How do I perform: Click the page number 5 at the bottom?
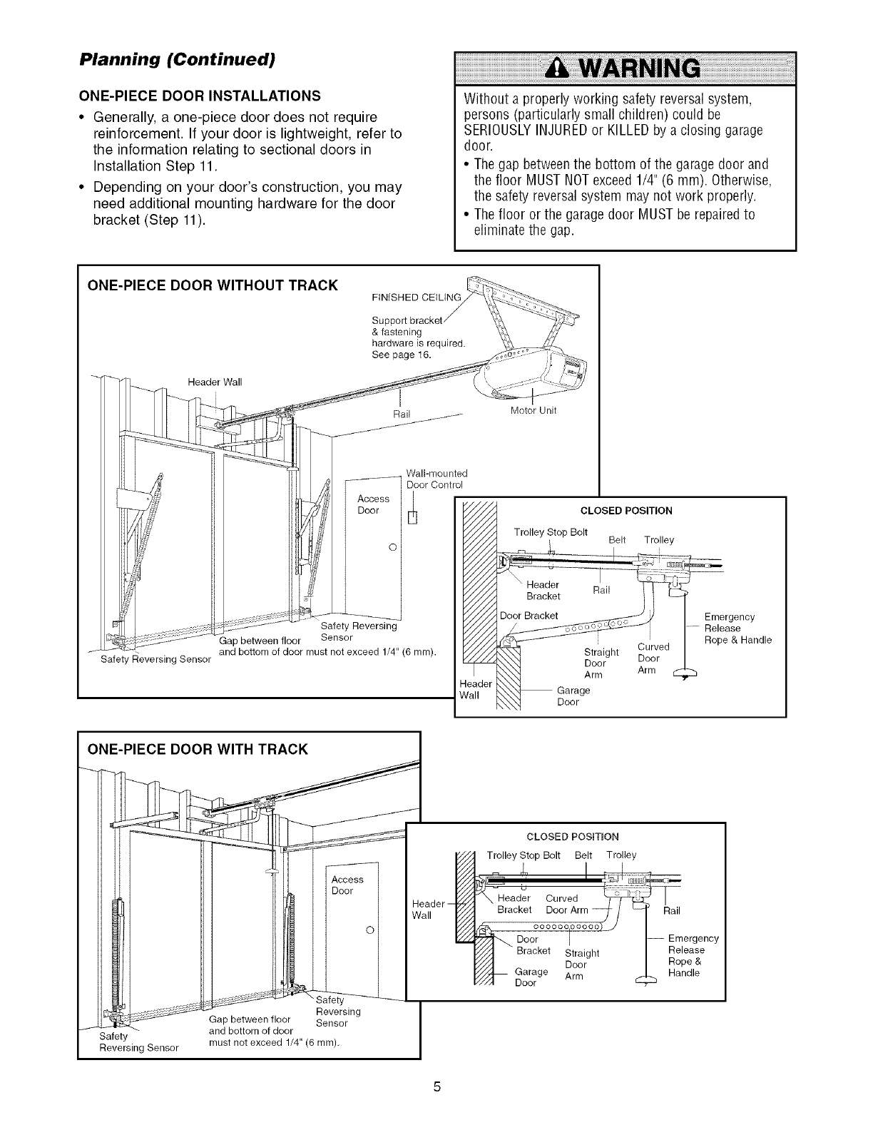click(x=436, y=1087)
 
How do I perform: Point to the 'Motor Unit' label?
click(x=533, y=410)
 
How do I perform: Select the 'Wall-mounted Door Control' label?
click(x=435, y=479)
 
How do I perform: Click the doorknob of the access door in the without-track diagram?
click(x=392, y=547)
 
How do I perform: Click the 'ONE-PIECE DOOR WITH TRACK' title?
click(x=197, y=748)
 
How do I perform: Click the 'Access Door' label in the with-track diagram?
click(x=347, y=885)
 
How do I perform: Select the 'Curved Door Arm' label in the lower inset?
click(x=567, y=904)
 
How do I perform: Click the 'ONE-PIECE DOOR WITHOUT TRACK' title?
click(x=212, y=285)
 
